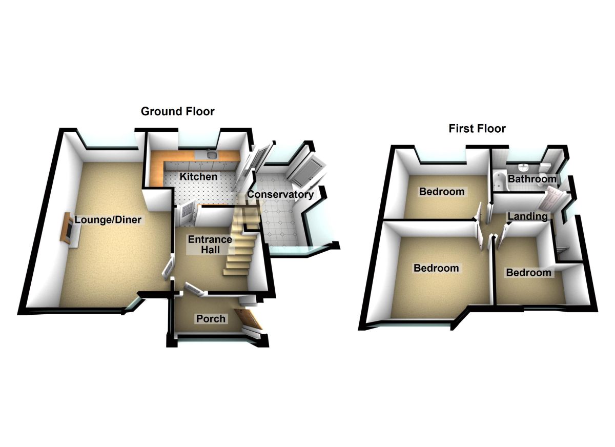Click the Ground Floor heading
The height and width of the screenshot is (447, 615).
[x=177, y=111]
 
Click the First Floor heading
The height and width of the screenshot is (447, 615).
[x=477, y=128]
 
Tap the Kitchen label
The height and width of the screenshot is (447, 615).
[x=198, y=177]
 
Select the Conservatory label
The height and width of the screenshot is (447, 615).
[x=280, y=195]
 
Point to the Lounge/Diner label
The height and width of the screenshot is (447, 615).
[x=108, y=220]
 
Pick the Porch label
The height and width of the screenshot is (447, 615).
[x=211, y=319]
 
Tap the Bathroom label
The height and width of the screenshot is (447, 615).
[x=531, y=179]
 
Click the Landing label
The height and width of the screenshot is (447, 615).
[x=527, y=217]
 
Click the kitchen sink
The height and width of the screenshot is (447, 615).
[x=211, y=154]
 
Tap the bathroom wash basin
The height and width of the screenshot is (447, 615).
[x=523, y=167]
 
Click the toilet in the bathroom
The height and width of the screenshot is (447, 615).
[x=545, y=167]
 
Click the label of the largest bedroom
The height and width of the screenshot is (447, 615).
[x=436, y=268]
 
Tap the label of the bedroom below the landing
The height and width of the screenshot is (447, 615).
[x=528, y=273]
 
